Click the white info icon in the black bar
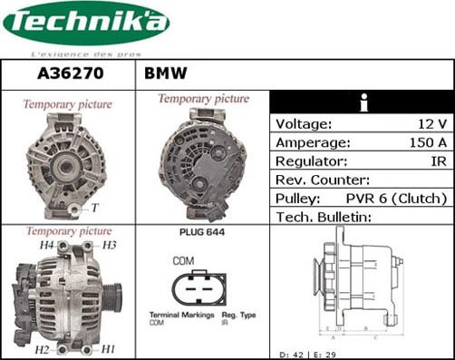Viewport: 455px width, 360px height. pyautogui.click(x=362, y=102)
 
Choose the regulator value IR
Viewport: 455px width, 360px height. pyautogui.click(x=438, y=161)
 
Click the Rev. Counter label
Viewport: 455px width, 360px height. pyautogui.click(x=322, y=180)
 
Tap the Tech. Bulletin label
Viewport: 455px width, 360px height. pyautogui.click(x=324, y=217)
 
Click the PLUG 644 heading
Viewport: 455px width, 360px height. pyautogui.click(x=196, y=232)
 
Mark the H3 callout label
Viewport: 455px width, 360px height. pyautogui.click(x=108, y=246)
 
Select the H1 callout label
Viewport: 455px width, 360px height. pyautogui.click(x=107, y=349)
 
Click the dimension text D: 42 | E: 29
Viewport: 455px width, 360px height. pyautogui.click(x=308, y=353)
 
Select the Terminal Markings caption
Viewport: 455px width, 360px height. pyautogui.click(x=181, y=315)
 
